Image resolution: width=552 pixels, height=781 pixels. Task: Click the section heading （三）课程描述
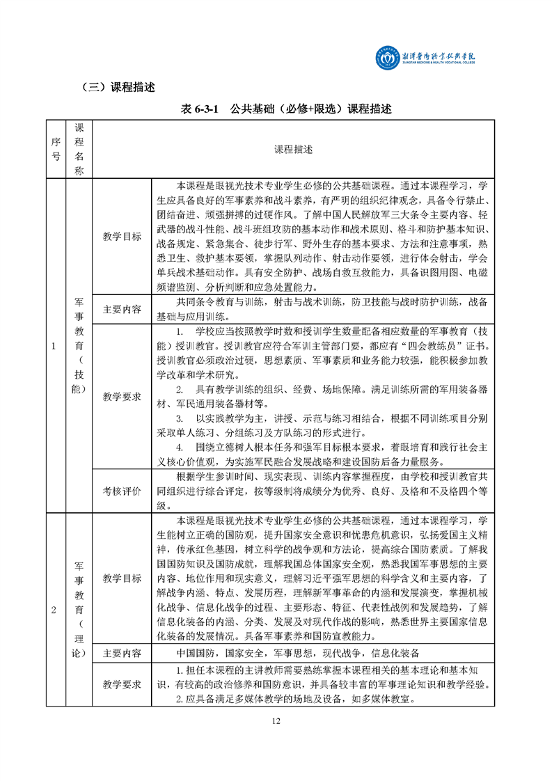pos(118,88)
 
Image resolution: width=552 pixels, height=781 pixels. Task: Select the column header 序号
pos(56,150)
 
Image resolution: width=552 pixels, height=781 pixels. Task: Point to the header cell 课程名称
pos(79,150)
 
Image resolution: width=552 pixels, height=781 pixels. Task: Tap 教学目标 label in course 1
pos(121,237)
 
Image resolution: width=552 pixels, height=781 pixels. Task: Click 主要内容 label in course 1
pos(121,309)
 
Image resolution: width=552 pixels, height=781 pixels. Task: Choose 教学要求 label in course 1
pos(121,396)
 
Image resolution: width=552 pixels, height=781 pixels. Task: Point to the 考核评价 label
pos(121,491)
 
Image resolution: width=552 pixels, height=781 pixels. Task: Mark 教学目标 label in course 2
pos(121,578)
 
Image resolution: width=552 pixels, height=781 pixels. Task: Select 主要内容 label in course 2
pos(121,654)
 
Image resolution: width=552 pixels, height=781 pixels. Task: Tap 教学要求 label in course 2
pos(121,684)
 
